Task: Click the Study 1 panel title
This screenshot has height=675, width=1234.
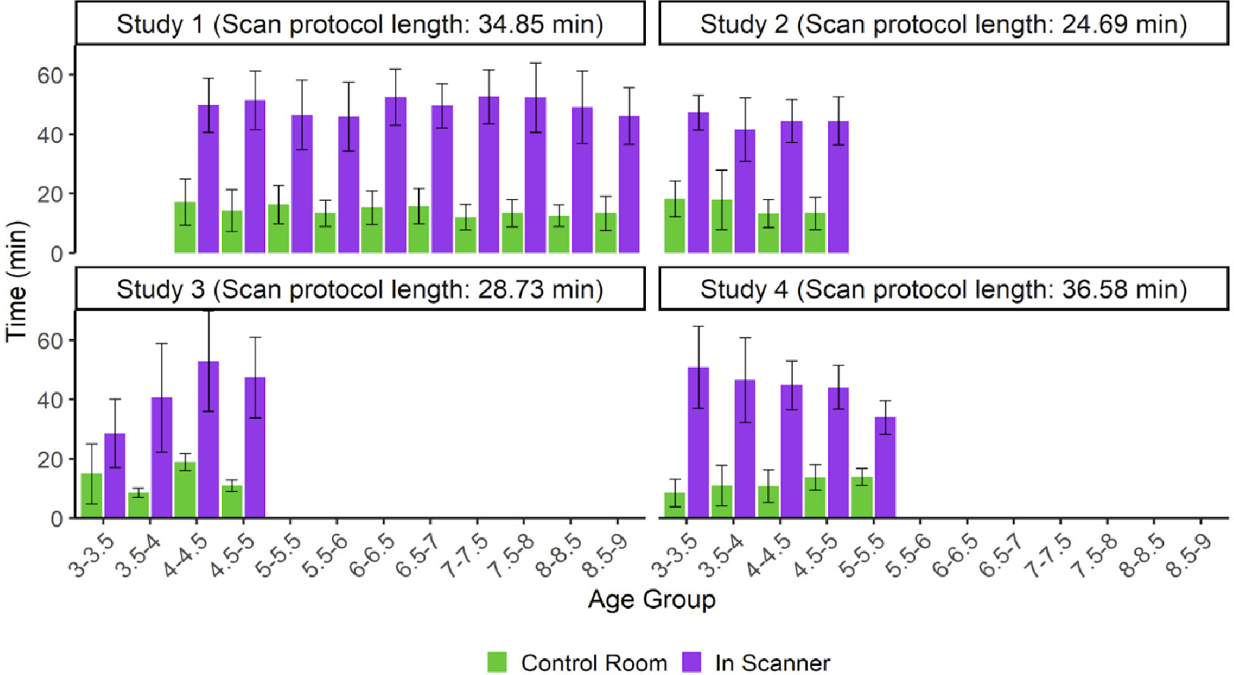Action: pyautogui.click(x=359, y=24)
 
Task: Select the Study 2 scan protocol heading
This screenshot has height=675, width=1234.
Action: pyautogui.click(x=943, y=24)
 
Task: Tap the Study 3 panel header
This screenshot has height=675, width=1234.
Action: pyautogui.click(x=359, y=290)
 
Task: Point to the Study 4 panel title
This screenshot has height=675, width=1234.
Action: pyautogui.click(x=943, y=290)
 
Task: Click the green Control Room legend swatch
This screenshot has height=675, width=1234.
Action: pyautogui.click(x=497, y=662)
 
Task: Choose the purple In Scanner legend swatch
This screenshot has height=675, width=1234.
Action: pyautogui.click(x=691, y=662)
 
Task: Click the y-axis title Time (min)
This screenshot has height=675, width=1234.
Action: pyautogui.click(x=16, y=281)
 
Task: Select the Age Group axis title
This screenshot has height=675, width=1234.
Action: pyautogui.click(x=652, y=599)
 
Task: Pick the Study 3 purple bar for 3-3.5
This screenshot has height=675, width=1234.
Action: pyautogui.click(x=115, y=476)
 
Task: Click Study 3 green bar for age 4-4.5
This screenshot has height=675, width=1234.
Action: pyautogui.click(x=185, y=490)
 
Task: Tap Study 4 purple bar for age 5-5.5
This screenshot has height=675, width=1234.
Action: pyautogui.click(x=885, y=467)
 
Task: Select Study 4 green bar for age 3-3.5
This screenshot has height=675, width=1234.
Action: pyautogui.click(x=675, y=505)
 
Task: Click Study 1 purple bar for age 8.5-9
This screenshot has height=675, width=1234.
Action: pyautogui.click(x=629, y=185)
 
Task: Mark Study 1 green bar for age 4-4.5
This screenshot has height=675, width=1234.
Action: pyautogui.click(x=278, y=229)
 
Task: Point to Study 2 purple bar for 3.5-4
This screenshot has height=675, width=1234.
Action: pyautogui.click(x=745, y=192)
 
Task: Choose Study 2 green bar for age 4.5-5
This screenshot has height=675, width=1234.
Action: pyautogui.click(x=815, y=233)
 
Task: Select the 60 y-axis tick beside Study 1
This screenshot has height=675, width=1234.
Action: pyautogui.click(x=50, y=75)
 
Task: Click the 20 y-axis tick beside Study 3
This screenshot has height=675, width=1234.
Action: pyautogui.click(x=50, y=460)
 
